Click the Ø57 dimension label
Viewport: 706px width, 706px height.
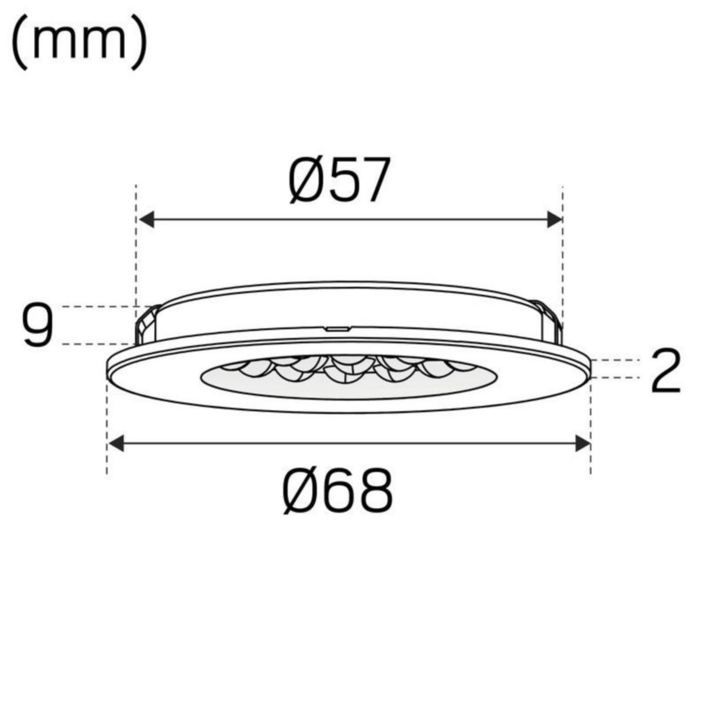coord(339,180)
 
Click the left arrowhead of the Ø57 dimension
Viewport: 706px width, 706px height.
coord(146,219)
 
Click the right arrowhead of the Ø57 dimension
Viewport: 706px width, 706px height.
coord(554,219)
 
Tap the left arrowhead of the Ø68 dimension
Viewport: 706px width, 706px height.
coord(116,443)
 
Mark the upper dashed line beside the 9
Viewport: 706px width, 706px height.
coord(100,307)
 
